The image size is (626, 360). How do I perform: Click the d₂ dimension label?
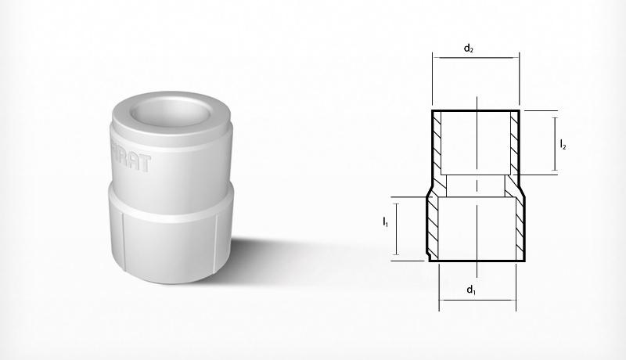click(469, 49)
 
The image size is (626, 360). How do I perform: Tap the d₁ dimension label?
click(471, 290)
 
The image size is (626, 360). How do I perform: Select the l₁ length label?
click(386, 223)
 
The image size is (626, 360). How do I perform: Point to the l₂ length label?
click(563, 144)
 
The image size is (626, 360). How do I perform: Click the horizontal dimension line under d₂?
click(475, 57)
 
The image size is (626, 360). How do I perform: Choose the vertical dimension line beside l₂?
click(553, 143)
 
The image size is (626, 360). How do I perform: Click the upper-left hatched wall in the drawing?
click(437, 142)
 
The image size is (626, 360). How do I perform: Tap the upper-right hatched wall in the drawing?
click(514, 142)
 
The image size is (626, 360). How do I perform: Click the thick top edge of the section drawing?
click(476, 111)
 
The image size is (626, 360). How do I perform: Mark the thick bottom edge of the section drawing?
click(476, 261)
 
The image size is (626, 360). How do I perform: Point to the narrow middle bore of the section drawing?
click(476, 185)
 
